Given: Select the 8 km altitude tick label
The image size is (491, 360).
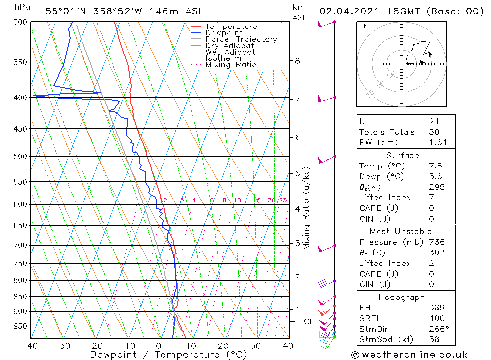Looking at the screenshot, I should pos(297,61).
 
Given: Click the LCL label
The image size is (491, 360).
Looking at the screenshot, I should pos(306,322).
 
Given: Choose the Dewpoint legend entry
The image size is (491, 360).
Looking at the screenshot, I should pos(223,33).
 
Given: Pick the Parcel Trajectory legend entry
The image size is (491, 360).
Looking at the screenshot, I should pos(241,39).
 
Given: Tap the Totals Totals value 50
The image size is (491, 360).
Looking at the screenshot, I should pos(434,132).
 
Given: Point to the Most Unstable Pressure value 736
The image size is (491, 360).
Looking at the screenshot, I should pos(436,242).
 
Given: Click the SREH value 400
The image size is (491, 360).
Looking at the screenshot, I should pos(436,318).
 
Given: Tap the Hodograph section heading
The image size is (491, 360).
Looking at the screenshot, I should pos(405,297).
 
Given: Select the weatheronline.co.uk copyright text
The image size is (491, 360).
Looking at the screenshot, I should pos(409,355).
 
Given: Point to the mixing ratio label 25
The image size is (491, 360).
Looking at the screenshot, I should pos(283,200).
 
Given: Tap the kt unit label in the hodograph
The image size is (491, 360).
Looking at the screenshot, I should pos(362,26).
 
